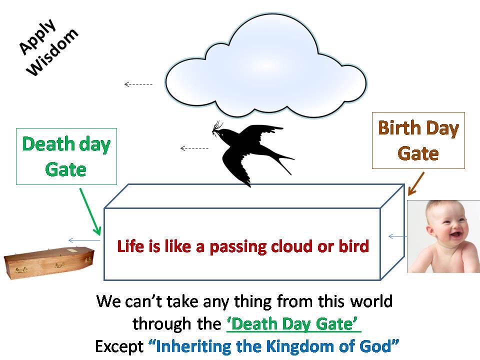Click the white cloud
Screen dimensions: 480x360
point(265,66)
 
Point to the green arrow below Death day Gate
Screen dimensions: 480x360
point(90,211)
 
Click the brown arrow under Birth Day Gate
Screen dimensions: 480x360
point(416,183)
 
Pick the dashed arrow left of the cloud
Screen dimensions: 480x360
point(138,84)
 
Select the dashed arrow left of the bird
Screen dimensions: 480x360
point(194,148)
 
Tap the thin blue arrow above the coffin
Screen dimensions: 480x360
point(84,240)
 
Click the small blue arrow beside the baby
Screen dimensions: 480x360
point(397,236)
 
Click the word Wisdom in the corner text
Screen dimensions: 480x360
point(52,52)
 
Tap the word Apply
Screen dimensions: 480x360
point(37,36)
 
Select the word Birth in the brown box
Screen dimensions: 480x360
point(399,127)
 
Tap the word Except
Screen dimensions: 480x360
point(119,346)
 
